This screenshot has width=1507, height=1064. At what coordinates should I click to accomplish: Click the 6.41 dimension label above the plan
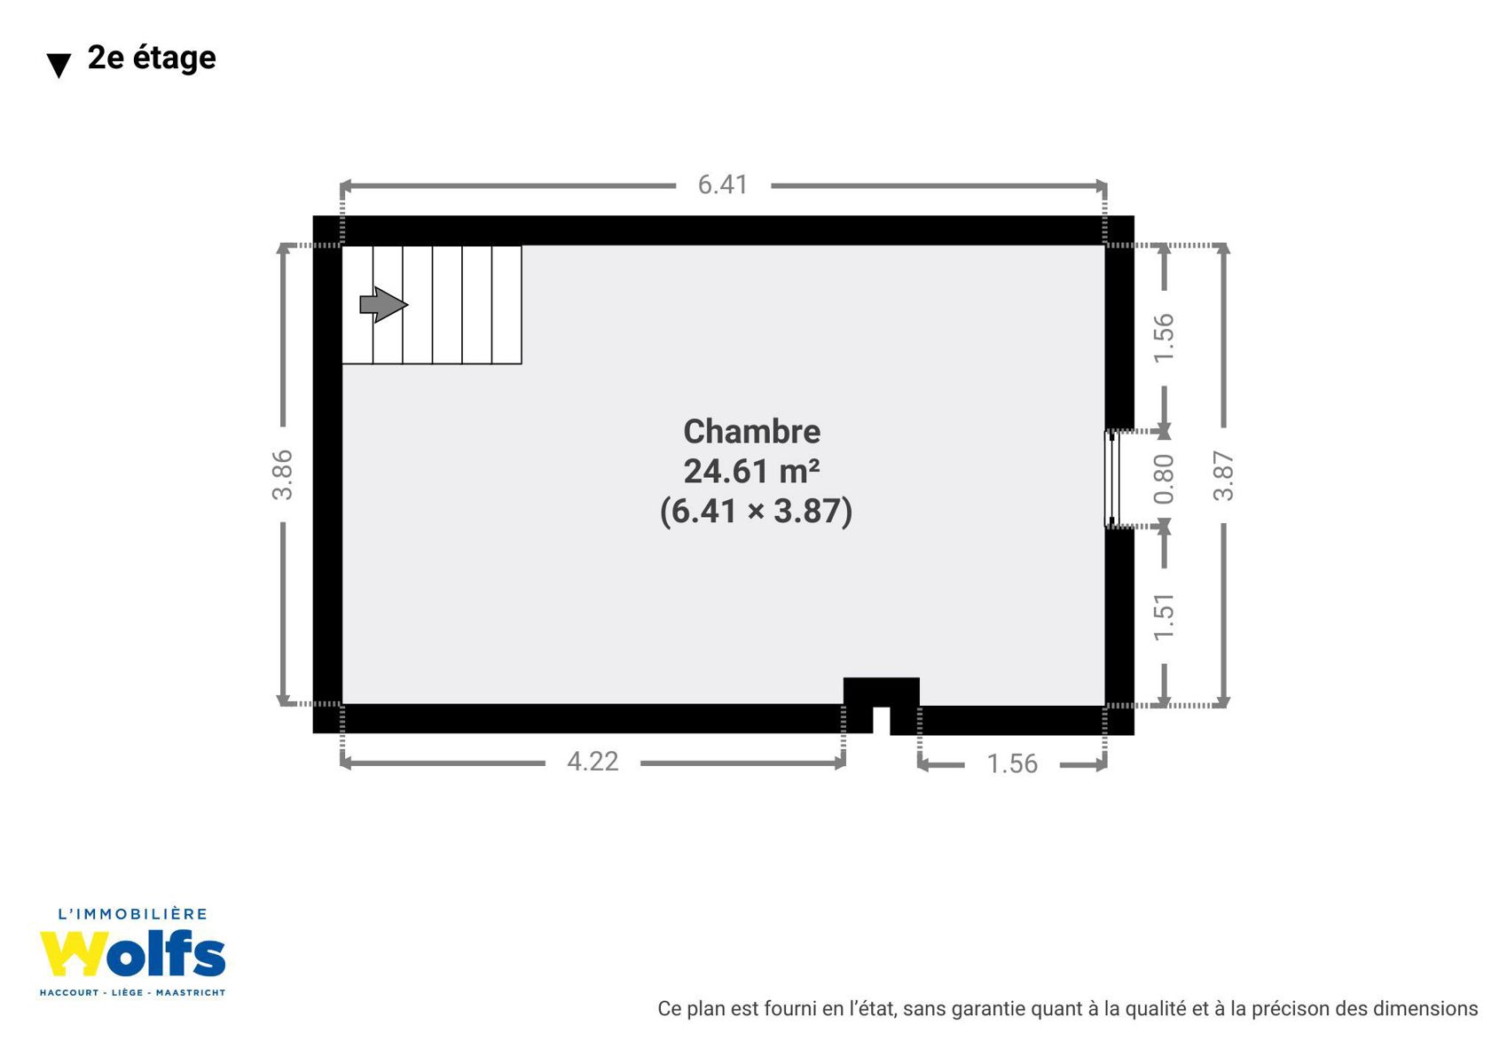(x=723, y=185)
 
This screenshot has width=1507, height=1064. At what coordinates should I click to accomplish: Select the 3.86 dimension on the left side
(x=283, y=475)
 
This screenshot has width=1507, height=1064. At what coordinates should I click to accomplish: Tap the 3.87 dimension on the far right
(x=1223, y=476)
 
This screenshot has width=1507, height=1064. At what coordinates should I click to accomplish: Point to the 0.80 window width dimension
(x=1164, y=479)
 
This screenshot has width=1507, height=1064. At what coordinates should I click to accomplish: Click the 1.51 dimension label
(x=1164, y=617)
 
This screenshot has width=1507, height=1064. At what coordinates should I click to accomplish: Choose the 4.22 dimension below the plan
(x=592, y=762)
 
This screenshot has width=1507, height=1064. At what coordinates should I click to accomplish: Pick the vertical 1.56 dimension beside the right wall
(x=1164, y=339)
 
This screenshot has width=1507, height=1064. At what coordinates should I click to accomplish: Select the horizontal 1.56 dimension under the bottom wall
(x=1012, y=764)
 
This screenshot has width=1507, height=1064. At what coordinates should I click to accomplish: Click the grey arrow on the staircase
(x=383, y=305)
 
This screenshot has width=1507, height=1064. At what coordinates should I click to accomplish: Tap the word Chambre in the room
(x=752, y=432)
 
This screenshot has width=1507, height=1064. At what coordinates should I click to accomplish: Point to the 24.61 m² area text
(x=751, y=471)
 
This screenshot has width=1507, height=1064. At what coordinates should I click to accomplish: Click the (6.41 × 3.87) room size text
(x=756, y=511)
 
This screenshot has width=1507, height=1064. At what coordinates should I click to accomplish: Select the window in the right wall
(x=1111, y=478)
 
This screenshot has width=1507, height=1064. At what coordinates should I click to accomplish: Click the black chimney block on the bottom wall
(x=882, y=692)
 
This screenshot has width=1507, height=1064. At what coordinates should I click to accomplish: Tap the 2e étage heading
(x=152, y=58)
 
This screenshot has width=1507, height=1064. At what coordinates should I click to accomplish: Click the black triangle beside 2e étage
(x=59, y=66)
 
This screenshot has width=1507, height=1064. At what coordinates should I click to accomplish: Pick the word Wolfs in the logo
(x=132, y=953)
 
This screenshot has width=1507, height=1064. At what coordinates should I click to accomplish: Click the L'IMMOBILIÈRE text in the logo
(x=132, y=914)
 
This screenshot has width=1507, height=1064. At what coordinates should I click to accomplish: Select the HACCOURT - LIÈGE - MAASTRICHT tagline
(x=132, y=992)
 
